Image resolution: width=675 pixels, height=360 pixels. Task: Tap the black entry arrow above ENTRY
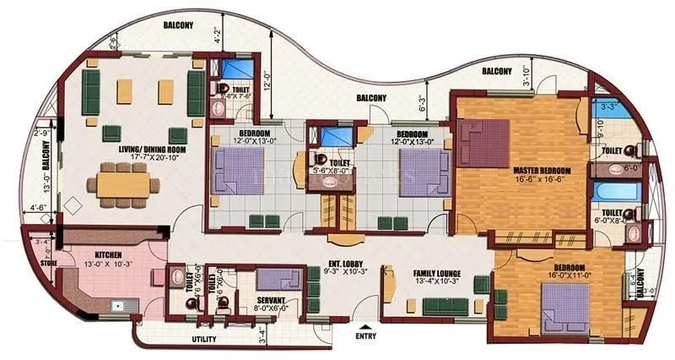pos(364,326)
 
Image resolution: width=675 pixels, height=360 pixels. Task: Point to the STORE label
pos(47,261)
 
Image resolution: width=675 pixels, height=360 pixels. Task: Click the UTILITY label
pos(204,339)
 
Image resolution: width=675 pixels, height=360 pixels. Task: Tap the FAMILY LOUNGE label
pos(435,274)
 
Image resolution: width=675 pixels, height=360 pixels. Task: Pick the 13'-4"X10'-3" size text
pos(435,284)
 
